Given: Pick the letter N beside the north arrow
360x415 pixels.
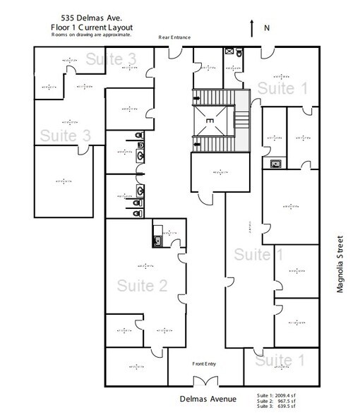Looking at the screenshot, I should tap(267, 28).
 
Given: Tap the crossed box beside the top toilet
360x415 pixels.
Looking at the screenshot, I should tap(229, 52).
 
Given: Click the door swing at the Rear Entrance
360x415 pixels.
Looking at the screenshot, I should tap(173, 52).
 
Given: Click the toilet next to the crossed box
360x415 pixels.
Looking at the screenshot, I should tap(241, 52).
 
